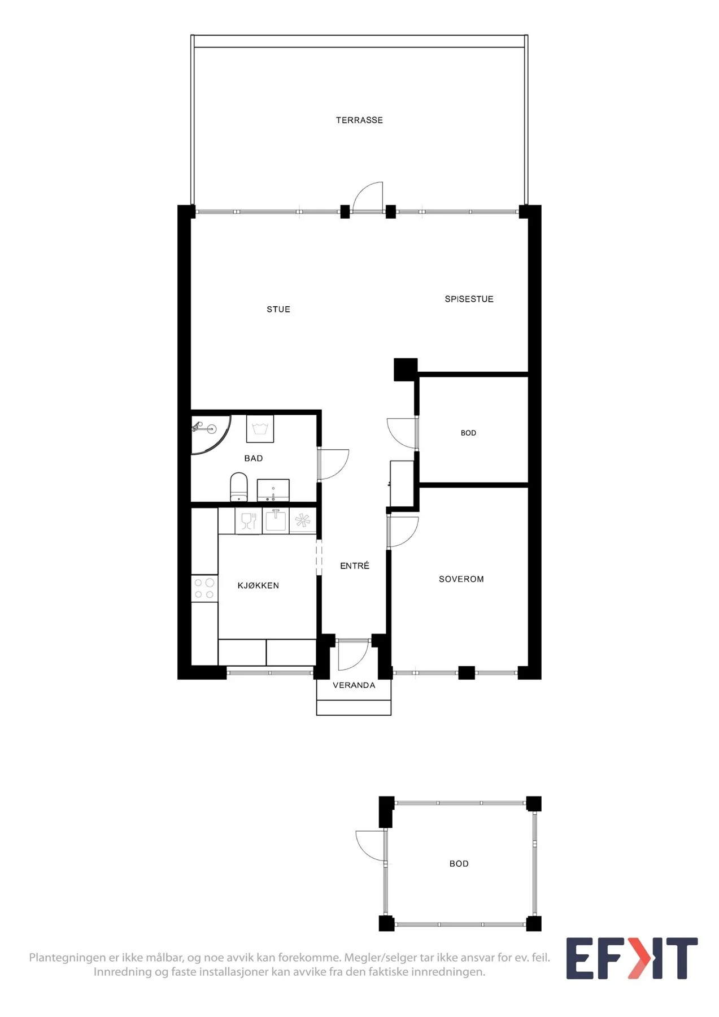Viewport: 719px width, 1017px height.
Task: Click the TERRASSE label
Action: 359,120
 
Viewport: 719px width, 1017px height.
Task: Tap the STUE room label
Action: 278,310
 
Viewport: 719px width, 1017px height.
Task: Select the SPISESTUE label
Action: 469,299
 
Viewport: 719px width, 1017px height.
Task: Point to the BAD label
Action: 254,459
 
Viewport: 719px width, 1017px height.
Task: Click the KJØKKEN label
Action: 258,586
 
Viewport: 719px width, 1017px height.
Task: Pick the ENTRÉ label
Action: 355,566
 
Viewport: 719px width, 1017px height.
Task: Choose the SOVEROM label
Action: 461,579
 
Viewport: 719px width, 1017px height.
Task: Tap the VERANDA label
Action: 354,685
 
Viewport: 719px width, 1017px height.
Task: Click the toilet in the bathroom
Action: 239,488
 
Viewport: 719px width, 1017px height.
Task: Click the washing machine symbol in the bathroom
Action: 260,429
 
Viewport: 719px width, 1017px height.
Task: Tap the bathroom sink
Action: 273,490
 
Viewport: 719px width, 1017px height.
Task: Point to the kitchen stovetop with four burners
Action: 204,588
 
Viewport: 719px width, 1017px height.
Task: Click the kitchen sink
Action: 276,520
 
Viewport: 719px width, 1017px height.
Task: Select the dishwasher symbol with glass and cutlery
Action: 249,520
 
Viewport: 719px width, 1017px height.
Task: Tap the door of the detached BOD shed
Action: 371,846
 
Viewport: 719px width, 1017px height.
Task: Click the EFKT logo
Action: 632,958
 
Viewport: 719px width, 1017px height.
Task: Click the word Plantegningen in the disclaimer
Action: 68,958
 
